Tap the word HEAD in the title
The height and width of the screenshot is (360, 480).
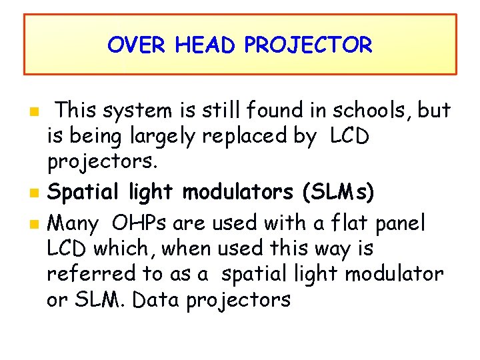[x=207, y=45]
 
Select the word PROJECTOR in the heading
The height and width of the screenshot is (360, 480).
[x=308, y=45]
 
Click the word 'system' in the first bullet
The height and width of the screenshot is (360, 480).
[x=138, y=109]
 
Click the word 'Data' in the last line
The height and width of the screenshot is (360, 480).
[x=157, y=301]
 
